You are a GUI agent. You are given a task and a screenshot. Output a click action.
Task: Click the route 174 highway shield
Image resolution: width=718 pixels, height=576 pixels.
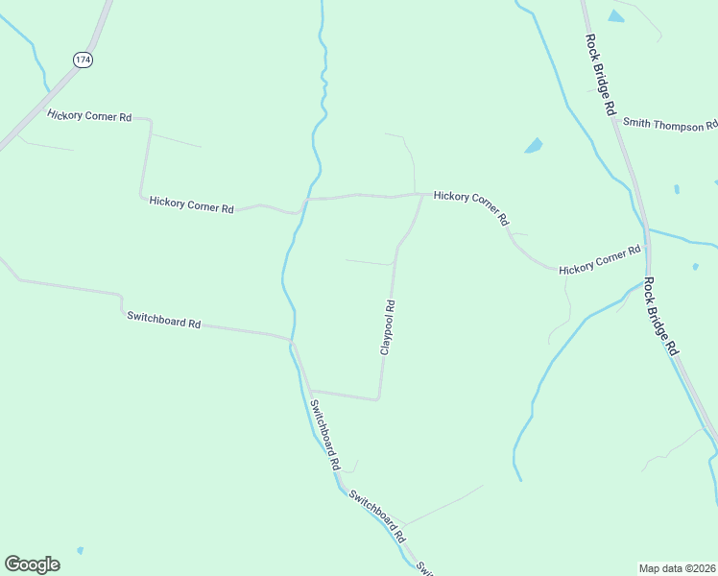[x=83, y=60]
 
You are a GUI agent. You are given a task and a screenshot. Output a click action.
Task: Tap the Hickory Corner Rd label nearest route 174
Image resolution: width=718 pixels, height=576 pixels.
[x=89, y=115]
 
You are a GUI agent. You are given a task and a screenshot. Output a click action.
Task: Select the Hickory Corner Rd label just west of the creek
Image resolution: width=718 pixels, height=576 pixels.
[x=192, y=205]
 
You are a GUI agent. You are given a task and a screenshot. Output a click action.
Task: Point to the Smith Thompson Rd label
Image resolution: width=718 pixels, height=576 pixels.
[x=669, y=124]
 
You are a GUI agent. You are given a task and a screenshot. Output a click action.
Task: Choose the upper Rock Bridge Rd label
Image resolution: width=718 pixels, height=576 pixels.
[x=600, y=75]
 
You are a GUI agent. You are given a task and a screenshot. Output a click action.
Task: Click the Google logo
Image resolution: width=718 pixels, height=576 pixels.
[x=32, y=564]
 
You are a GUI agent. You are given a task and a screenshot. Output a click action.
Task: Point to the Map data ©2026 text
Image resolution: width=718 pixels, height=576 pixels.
[x=677, y=567]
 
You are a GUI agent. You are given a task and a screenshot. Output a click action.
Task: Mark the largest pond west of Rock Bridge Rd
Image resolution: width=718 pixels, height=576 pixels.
[x=533, y=146]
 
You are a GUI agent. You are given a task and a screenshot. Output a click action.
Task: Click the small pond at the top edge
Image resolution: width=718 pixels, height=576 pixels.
[x=615, y=15]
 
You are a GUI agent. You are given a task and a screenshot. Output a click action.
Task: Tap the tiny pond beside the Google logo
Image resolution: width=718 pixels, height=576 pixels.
[x=80, y=551]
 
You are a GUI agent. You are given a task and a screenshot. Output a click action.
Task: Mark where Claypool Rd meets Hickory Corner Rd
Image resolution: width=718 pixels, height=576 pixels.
[x=422, y=195]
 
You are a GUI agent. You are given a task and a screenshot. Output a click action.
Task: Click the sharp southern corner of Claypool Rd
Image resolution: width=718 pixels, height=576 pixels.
[x=378, y=397]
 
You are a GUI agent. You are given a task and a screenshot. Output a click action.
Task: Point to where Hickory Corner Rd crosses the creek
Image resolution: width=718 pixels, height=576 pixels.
[x=307, y=200]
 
